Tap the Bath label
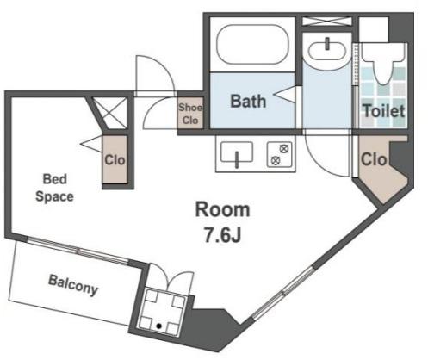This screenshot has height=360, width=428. pos(248,101)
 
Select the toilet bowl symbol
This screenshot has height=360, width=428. pos(384,62)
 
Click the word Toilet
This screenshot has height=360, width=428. pos(384,111)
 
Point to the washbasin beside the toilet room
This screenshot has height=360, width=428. pos(327,52)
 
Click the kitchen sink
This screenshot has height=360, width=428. pos(237,152)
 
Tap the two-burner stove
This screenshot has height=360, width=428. pos(280,155)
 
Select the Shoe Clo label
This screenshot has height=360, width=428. pos(190,114)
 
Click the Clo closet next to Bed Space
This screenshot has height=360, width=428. pos(115,159)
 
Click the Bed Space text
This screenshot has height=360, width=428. pos(54,188)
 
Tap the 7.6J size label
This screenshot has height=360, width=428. pos(222,234)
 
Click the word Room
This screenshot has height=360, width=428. pos(222,209)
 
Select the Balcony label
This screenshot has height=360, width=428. pos(73,285)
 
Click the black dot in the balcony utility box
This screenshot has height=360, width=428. pos(158,326)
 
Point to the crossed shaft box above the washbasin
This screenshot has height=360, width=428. pos(327,22)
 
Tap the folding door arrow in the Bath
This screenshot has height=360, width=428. pos(284,94)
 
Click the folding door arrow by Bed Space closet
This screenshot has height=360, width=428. pos(91,143)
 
